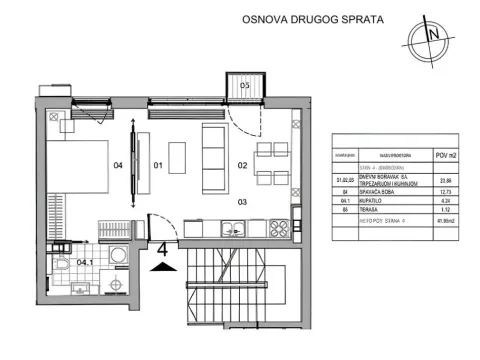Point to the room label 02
point(241,165)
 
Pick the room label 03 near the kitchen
point(241,201)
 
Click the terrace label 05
point(244,86)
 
